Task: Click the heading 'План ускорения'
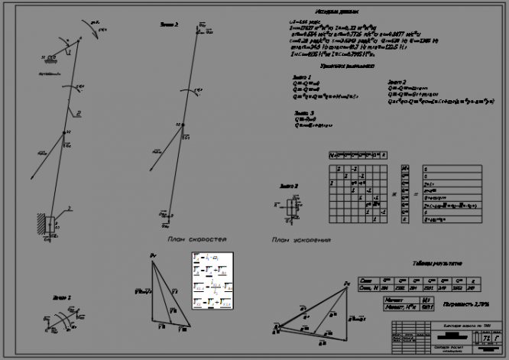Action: coord(300,240)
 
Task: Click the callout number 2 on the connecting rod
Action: coord(78,112)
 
